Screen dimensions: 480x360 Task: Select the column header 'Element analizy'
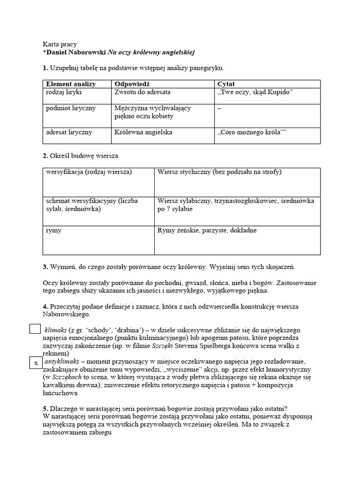click(x=70, y=84)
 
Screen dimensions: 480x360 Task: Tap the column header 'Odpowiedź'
click(x=132, y=84)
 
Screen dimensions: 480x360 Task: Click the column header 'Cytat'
click(x=226, y=84)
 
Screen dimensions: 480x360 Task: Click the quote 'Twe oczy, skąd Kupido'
click(x=255, y=92)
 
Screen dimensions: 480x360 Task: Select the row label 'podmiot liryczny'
click(x=71, y=108)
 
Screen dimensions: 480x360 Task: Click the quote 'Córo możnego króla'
click(x=252, y=133)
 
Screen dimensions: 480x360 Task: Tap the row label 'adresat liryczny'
click(x=69, y=132)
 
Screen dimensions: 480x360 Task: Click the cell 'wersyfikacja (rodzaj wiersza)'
click(x=89, y=172)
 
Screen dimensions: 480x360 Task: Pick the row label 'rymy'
click(x=53, y=231)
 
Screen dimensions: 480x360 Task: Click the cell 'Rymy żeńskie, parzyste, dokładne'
click(x=207, y=231)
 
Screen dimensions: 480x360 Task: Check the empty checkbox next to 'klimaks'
click(x=35, y=329)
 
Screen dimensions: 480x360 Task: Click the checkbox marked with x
click(x=35, y=363)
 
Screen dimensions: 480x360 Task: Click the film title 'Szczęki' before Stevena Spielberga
click(x=165, y=345)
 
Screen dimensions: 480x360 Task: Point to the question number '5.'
click(x=45, y=408)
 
